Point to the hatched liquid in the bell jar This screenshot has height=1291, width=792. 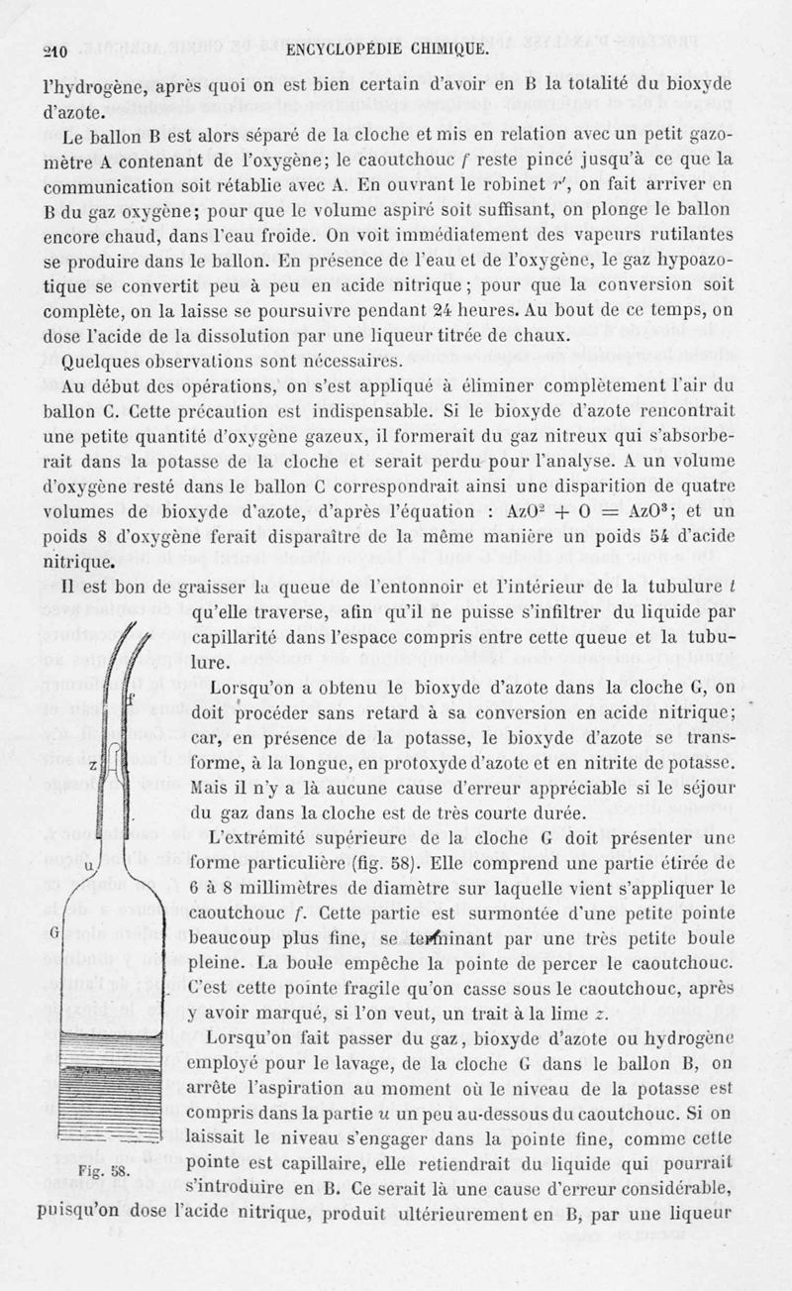[110, 1090]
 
